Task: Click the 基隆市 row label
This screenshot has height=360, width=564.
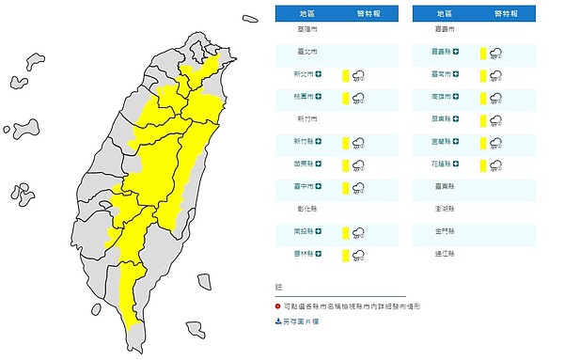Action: coord(306,30)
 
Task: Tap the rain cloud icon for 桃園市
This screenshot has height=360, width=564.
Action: coord(358,98)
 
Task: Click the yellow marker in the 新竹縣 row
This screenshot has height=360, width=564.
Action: coord(345,143)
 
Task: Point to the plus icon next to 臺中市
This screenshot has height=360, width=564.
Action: coord(320,187)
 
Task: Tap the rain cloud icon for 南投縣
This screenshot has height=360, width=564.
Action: coord(358,232)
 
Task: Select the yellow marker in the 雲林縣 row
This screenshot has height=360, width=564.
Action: coord(345,255)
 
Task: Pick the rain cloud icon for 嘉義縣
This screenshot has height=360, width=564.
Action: coord(494,54)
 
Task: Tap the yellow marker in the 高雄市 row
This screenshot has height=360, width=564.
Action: coord(481,98)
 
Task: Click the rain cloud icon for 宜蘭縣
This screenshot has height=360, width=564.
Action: coord(494,143)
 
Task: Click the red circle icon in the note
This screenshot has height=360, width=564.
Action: coord(278,306)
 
